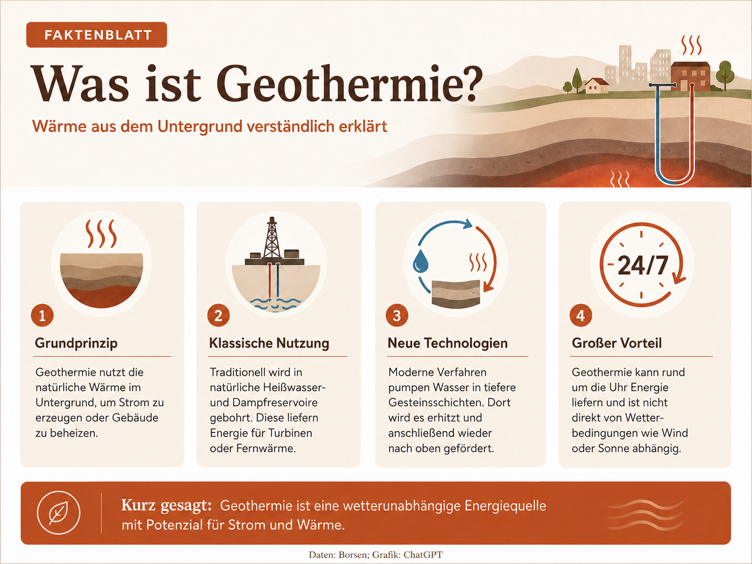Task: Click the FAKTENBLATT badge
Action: point(97,35)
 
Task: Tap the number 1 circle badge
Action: point(42,315)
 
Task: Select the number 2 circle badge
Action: point(218,315)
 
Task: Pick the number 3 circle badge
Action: point(397,315)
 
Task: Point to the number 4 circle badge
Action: point(581,315)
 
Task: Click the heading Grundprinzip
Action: point(76,343)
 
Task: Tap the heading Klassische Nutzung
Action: point(270,343)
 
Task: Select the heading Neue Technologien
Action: point(448,343)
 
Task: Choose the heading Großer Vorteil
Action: point(616,343)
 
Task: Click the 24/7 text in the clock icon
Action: point(643,265)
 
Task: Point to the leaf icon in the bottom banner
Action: point(59,513)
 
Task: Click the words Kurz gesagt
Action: point(167,505)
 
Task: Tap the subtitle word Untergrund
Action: point(200,126)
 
